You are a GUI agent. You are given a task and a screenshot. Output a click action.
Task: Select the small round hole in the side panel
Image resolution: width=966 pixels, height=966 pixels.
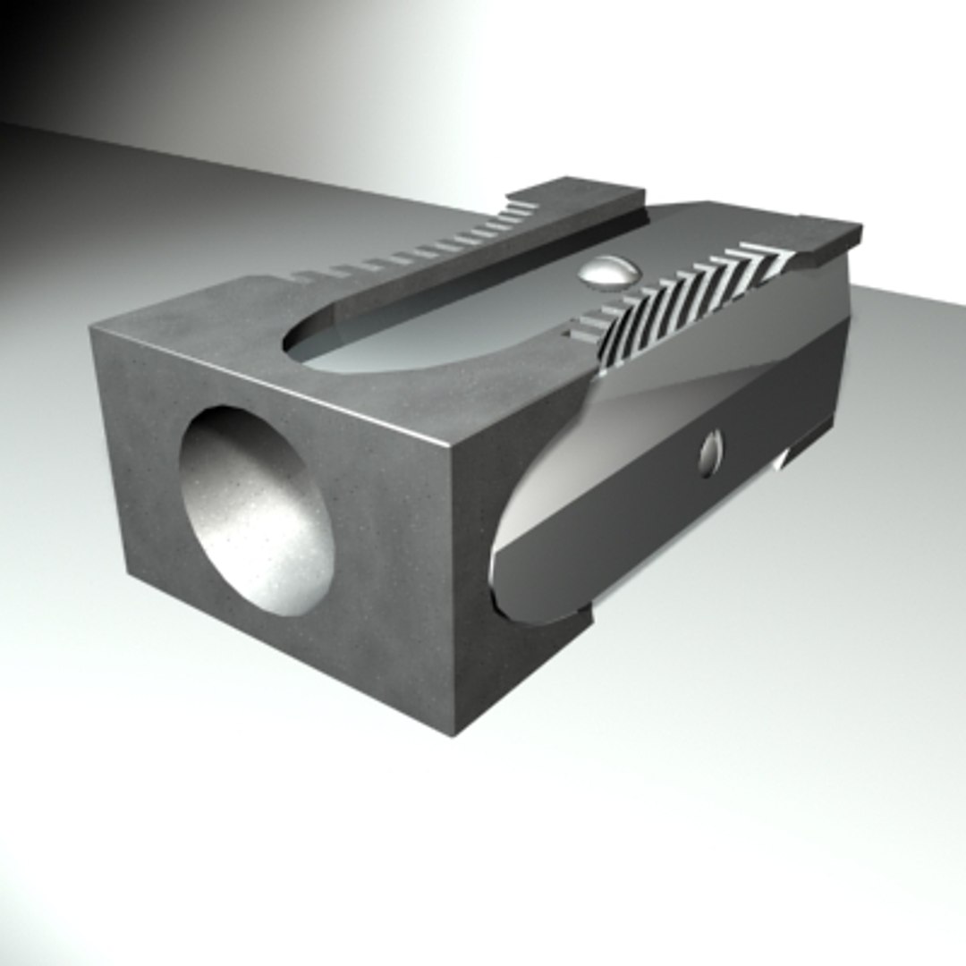(x=710, y=453)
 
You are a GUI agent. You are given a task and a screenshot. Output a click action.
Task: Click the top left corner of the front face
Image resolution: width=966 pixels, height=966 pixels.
(x=92, y=328)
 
